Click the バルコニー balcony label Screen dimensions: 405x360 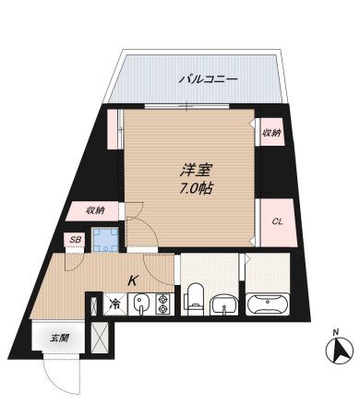208,79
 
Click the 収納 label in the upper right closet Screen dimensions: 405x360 271,132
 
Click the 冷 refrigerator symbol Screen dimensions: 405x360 114,303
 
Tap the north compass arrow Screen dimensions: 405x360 337,351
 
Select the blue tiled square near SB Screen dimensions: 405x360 111,239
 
